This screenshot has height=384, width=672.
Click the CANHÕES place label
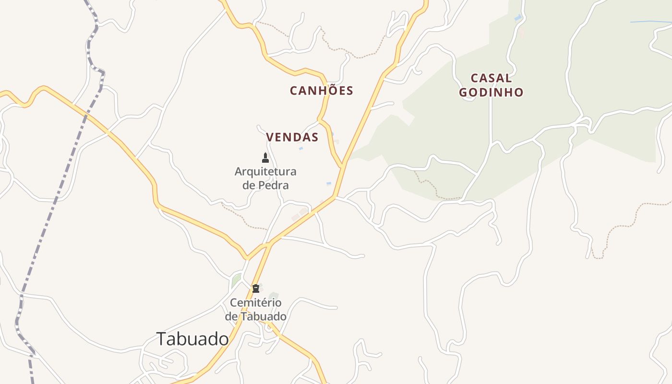[321, 90]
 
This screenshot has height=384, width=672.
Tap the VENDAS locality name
[292, 137]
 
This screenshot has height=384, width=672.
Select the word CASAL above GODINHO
[491, 78]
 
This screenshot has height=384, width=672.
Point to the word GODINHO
[491, 92]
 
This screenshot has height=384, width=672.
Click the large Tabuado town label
[192, 339]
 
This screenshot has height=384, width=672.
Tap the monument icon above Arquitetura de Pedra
[265, 158]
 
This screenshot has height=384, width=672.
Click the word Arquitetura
[265, 171]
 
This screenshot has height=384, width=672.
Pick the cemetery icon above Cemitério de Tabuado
[256, 288]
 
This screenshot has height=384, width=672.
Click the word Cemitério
[255, 302]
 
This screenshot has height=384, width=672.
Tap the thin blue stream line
[650, 22]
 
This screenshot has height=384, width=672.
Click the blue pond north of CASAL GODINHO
[517, 18]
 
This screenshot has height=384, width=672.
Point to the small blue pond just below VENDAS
[301, 149]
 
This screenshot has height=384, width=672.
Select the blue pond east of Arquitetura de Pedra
[329, 183]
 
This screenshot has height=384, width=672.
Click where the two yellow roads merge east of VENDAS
[342, 165]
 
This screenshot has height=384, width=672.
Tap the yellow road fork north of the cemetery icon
[269, 244]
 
